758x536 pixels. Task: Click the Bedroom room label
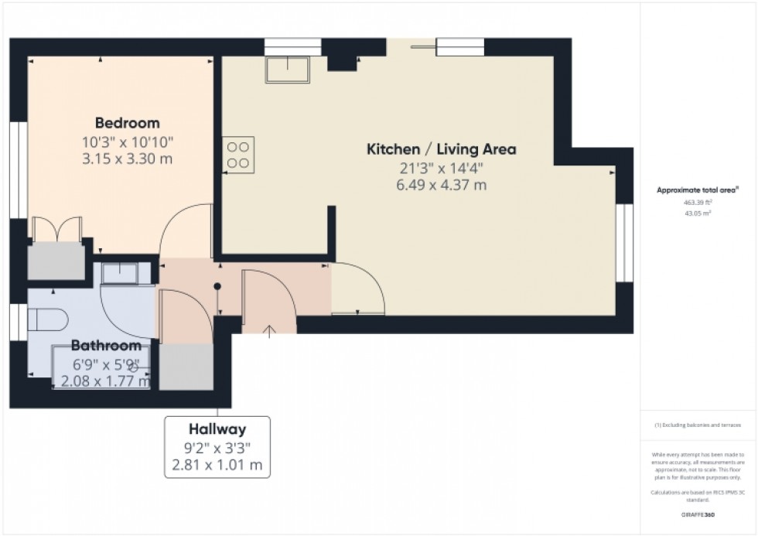coord(128,123)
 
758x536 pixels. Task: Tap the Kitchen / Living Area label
coord(441,149)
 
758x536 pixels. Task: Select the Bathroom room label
coord(107,346)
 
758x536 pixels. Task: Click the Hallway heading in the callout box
coord(217,429)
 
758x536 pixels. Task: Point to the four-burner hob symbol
coord(239,152)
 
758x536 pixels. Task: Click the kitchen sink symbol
coord(286,69)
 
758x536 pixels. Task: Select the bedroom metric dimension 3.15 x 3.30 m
coord(128,159)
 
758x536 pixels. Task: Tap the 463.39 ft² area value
coord(698,202)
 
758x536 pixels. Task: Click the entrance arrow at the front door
coord(269,331)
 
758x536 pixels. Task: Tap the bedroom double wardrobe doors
coord(56,230)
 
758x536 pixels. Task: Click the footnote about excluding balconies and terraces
coord(698,425)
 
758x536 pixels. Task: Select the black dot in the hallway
coord(218,285)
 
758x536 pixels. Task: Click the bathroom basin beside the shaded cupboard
coord(120,272)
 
